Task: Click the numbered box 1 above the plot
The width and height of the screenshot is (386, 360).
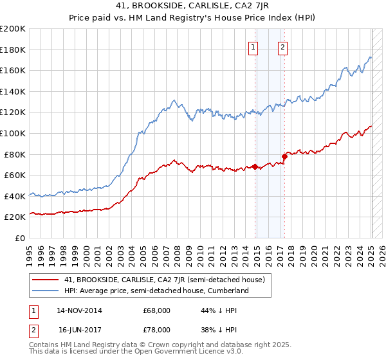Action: (253, 47)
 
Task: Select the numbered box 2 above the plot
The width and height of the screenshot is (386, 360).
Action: (283, 47)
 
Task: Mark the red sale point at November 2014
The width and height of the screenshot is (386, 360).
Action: (255, 166)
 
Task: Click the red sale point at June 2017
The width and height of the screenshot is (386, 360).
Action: (284, 156)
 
